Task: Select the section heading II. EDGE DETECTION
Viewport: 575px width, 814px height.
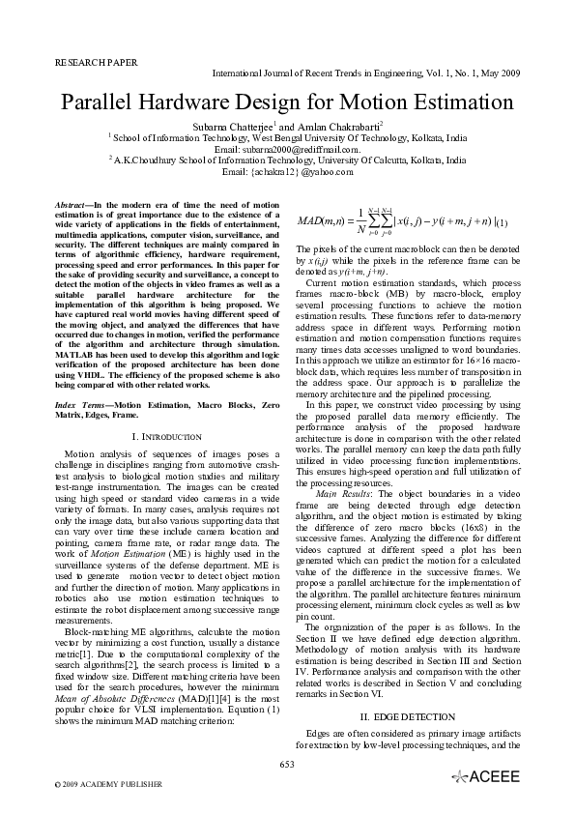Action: [407, 717]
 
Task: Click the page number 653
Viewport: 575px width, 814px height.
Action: [287, 765]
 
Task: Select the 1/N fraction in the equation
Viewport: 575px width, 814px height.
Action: [359, 221]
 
